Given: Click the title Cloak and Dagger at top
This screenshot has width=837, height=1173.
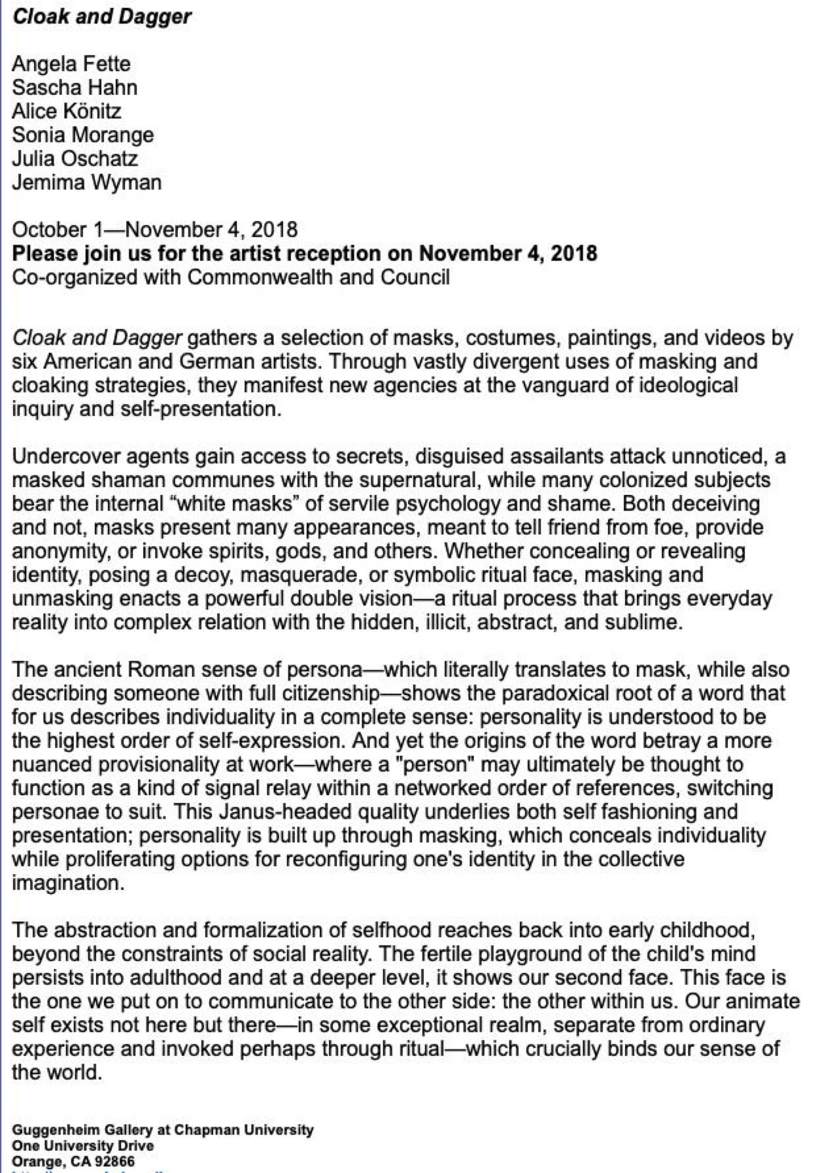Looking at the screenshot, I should coord(101,16).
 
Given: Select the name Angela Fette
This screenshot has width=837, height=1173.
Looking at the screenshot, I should coord(71,64).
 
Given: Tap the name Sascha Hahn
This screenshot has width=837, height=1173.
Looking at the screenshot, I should coord(75,88).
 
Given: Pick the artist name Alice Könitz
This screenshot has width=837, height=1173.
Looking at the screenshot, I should coord(67,111).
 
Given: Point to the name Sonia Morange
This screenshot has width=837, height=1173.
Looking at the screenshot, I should coord(83,135).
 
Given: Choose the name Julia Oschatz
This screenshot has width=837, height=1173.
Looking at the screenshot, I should coord(75,158).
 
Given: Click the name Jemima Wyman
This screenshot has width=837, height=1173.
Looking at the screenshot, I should coord(86,182).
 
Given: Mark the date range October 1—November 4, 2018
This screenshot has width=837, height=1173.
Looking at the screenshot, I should coord(155,229).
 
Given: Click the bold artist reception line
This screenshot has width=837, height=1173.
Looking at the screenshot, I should coord(305,253).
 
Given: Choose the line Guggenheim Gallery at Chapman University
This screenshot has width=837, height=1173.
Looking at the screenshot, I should coord(163,1130).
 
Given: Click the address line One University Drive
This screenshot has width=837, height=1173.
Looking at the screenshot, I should coord(83,1146).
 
